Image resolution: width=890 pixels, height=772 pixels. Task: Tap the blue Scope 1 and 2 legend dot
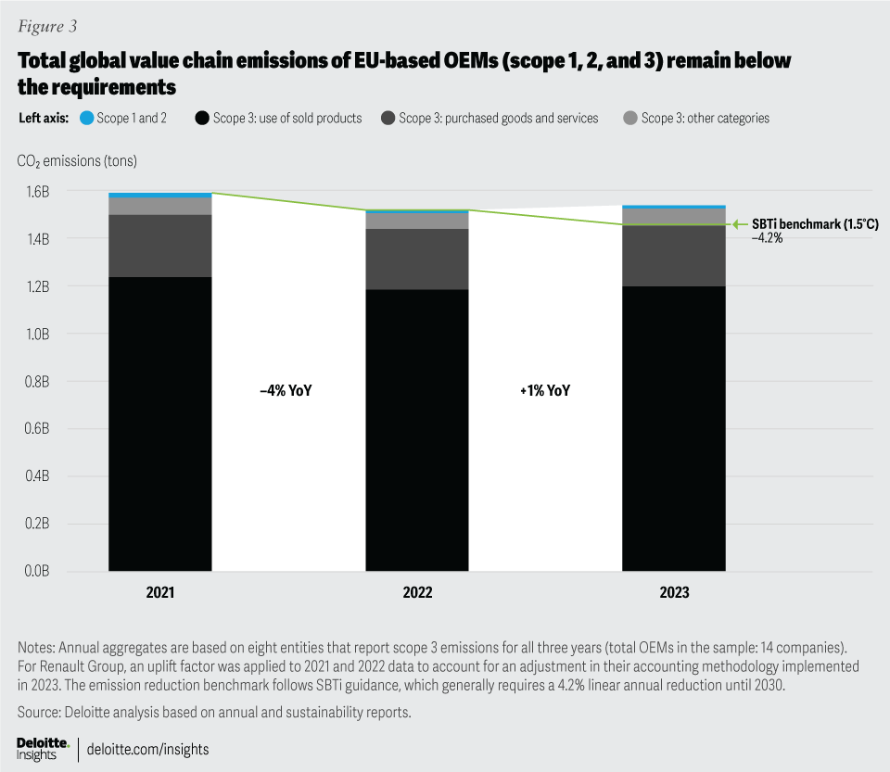(x=86, y=119)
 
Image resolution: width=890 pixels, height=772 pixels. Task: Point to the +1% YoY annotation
(x=546, y=391)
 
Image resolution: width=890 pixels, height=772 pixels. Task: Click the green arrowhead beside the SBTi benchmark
(x=739, y=224)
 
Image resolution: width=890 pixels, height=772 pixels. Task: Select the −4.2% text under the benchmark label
(x=769, y=238)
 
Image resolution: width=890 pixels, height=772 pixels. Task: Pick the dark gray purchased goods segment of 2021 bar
(x=159, y=246)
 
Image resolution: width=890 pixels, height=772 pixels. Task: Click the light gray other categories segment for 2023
(x=674, y=217)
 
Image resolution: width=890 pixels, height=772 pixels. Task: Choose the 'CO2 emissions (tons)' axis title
(x=77, y=161)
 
